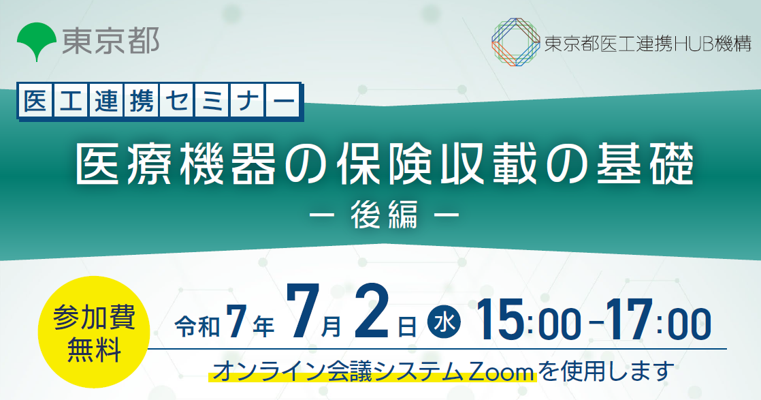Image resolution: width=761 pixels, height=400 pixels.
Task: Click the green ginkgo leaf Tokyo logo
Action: point(36,42)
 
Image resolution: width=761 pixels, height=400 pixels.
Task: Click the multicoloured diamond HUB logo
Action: point(515,42)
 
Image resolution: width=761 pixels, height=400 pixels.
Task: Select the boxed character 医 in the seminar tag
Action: point(35,101)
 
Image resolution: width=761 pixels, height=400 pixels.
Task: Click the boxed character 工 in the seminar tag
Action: point(71,101)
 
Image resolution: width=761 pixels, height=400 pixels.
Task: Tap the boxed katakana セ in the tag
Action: point(176,101)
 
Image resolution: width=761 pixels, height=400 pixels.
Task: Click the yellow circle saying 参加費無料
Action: point(93,332)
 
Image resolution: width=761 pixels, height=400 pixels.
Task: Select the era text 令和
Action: point(197,326)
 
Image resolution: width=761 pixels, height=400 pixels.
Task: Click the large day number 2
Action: point(372,311)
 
